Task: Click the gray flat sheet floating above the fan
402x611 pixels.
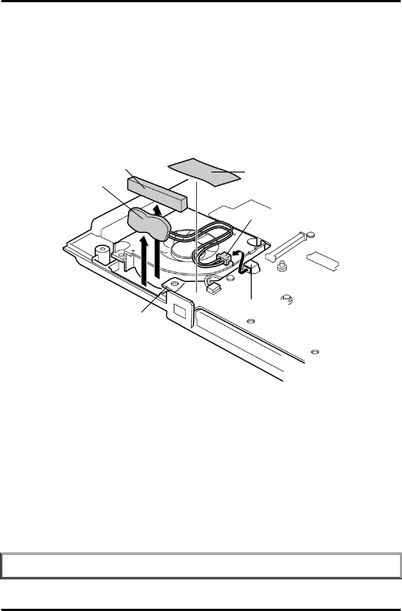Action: coord(205,171)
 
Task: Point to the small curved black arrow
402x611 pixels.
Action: coord(238,253)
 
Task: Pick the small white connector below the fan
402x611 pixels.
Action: coord(214,289)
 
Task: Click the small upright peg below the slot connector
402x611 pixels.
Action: coord(280,266)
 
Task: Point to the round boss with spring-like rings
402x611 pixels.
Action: coord(287,300)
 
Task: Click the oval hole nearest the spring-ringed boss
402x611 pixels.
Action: coord(251,321)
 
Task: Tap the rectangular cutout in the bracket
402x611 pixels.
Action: coord(180,311)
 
